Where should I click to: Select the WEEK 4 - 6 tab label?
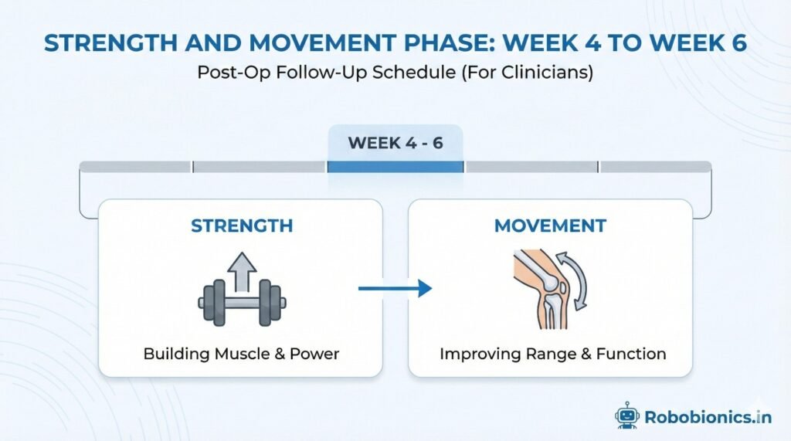point(395,143)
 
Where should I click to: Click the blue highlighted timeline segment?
point(395,167)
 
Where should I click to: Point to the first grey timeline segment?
point(135,167)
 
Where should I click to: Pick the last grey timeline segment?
point(656,167)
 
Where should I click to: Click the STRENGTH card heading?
point(241,226)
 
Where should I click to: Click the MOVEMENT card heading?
point(550,226)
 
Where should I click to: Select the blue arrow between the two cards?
point(395,289)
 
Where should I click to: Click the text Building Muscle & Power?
point(241,354)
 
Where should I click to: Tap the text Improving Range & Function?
point(552,354)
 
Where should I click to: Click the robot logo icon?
point(626,415)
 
